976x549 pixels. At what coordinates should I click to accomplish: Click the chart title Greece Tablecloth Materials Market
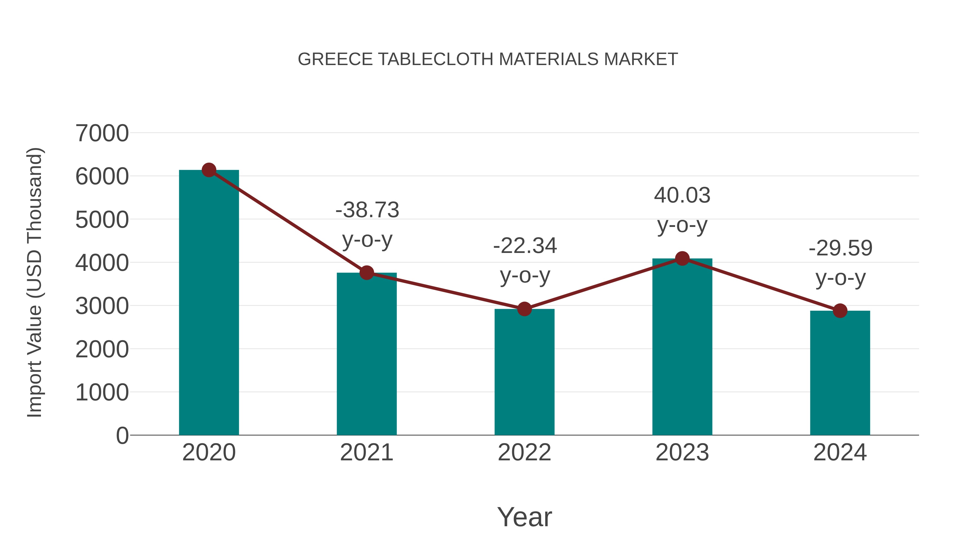[488, 59]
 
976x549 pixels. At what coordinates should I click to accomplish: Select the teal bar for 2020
[209, 303]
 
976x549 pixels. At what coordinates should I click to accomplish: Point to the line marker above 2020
[209, 170]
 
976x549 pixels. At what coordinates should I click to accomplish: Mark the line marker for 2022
[524, 309]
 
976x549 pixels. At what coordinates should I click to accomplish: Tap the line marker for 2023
[682, 259]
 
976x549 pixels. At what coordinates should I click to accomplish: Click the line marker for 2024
[840, 311]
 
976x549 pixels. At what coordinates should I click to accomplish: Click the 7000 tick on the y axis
[102, 133]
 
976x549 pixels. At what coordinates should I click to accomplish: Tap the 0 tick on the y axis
[122, 436]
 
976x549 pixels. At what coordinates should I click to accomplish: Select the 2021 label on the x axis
[366, 453]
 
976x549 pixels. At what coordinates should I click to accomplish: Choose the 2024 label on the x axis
[840, 453]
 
